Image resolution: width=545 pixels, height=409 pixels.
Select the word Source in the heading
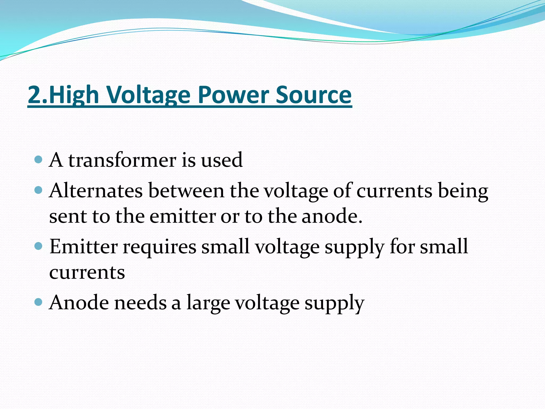point(313,95)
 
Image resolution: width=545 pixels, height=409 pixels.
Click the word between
point(186,191)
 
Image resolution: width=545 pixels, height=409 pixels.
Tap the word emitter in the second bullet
point(183,216)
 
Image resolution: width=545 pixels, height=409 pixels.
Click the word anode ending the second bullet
point(332,216)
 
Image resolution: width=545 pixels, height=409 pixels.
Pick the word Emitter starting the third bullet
point(84,247)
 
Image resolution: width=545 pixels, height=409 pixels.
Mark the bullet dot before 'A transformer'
point(39,160)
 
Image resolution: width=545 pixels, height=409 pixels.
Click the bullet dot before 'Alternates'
point(39,190)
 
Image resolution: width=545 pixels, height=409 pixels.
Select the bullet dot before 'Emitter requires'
point(39,246)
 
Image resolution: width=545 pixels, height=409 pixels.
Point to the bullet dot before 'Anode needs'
point(39,302)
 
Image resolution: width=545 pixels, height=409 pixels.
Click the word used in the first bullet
point(221,160)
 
